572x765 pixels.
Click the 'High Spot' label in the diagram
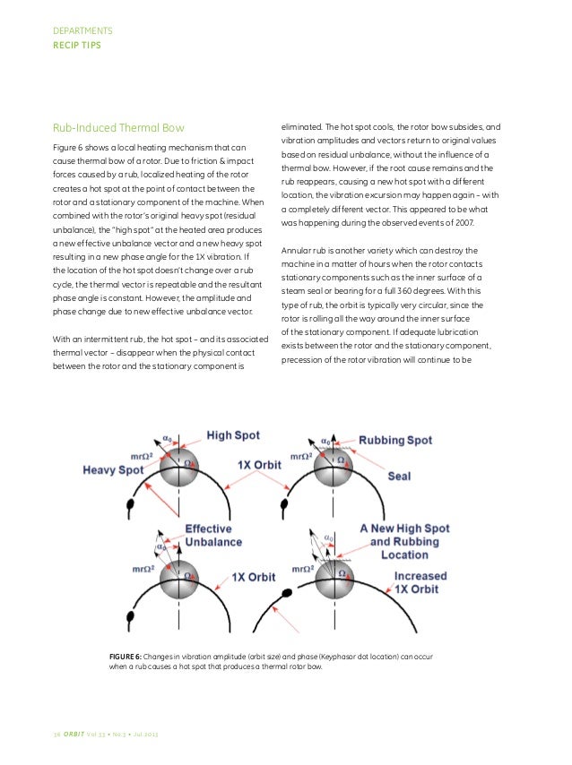tap(233, 435)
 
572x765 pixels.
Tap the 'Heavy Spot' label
tap(113, 468)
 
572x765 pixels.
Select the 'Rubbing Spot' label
tap(394, 440)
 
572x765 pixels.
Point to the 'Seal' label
tap(398, 476)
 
